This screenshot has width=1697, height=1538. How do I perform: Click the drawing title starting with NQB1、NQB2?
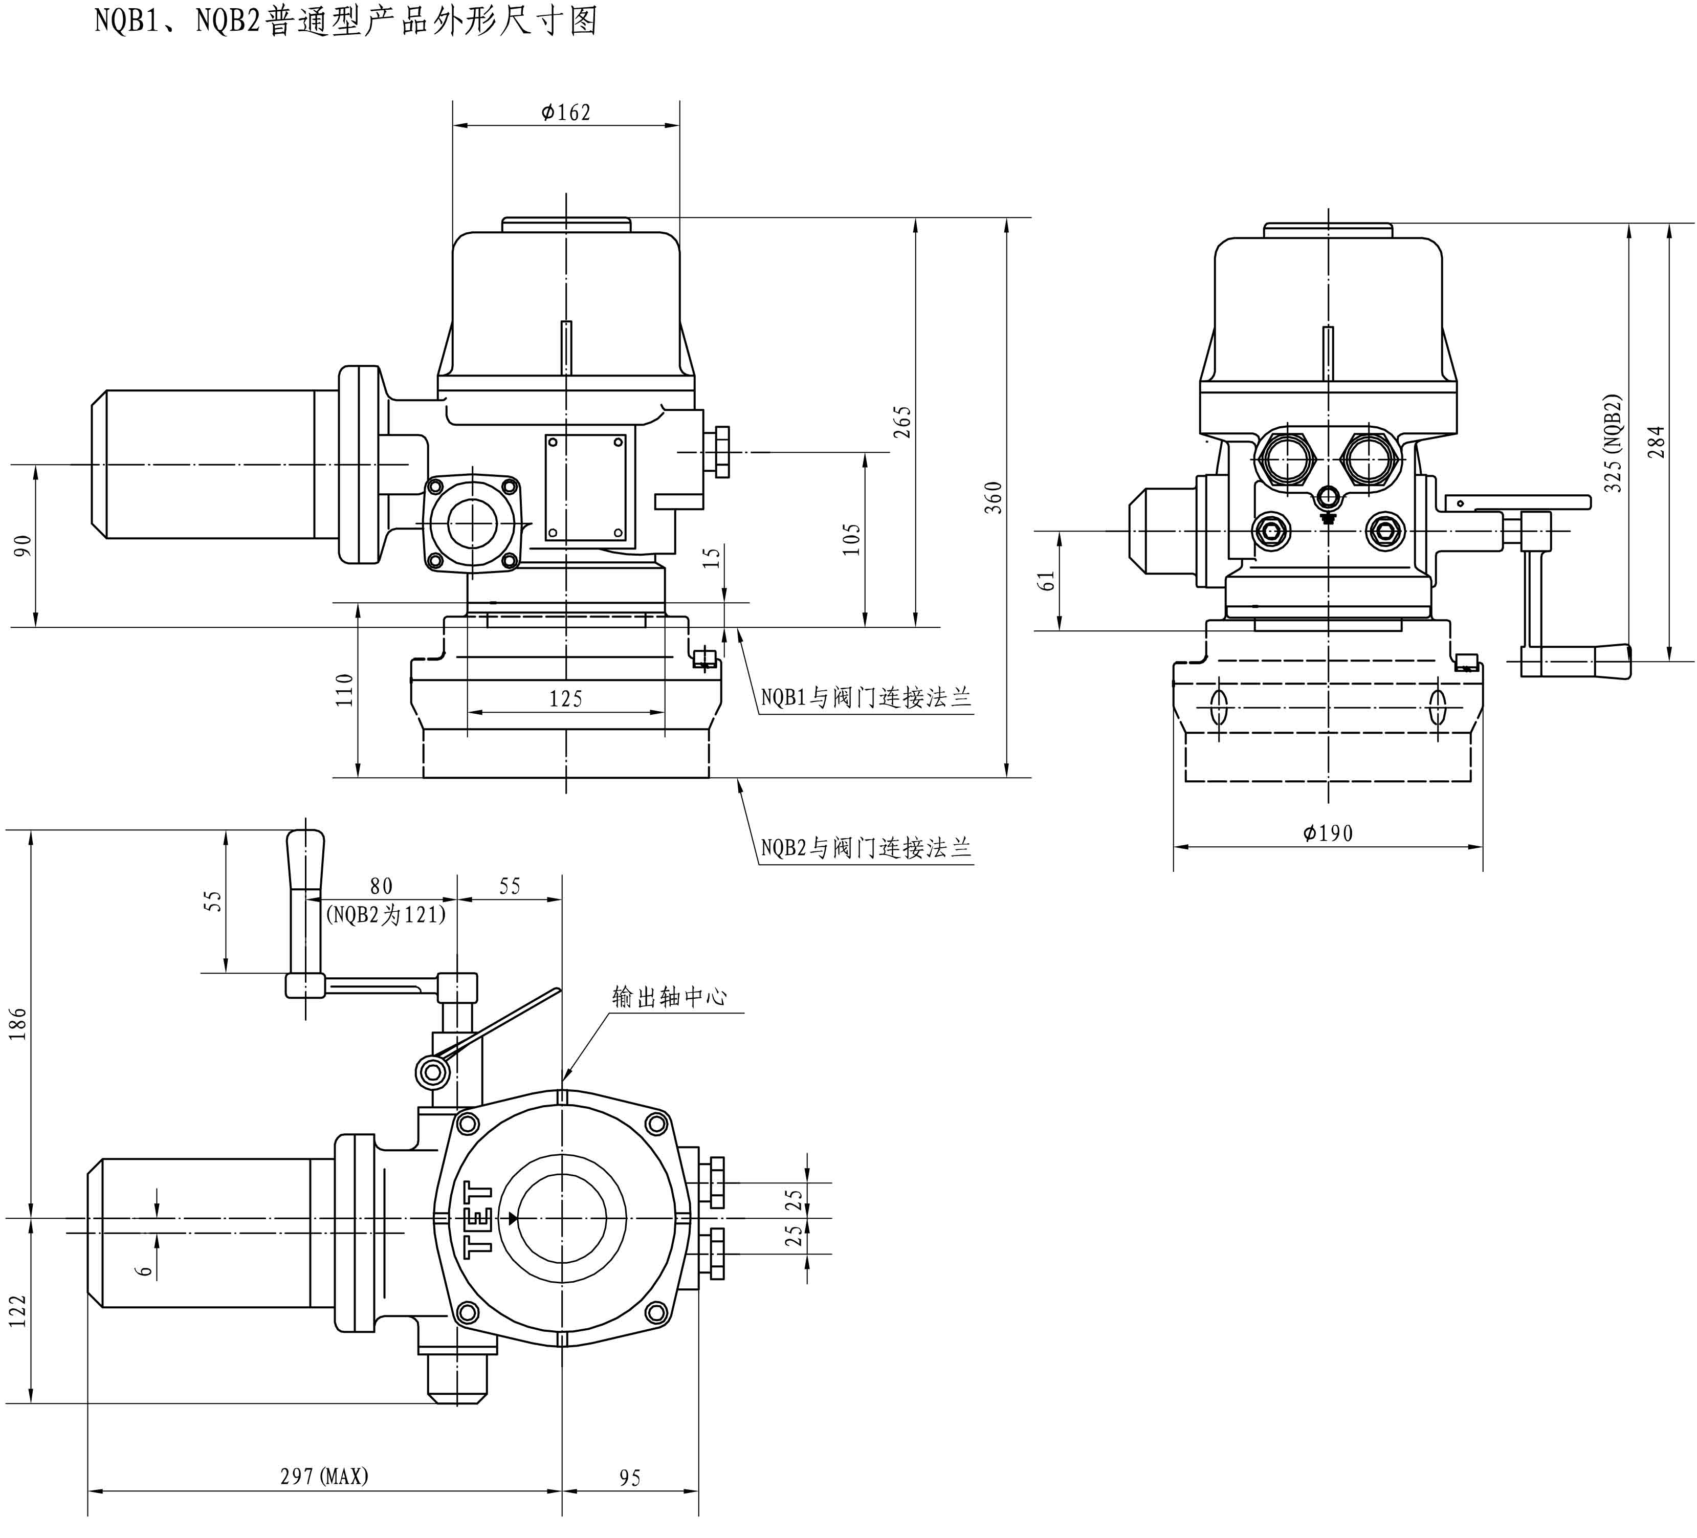[x=345, y=20]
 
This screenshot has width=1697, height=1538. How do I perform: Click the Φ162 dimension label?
[x=566, y=113]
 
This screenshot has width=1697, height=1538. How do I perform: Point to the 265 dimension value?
[x=902, y=422]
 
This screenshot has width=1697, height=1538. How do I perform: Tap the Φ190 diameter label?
[x=1328, y=833]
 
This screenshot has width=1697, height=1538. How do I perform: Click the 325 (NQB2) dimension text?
[x=1613, y=444]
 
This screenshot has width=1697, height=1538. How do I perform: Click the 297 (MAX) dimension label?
[x=324, y=1476]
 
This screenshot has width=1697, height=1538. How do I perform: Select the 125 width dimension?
[x=566, y=699]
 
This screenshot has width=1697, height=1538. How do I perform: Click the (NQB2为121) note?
[x=386, y=915]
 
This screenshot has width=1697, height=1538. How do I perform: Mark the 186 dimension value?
[x=18, y=1023]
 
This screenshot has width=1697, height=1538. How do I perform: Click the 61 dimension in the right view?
[x=1047, y=580]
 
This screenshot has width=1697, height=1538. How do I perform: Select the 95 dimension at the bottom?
[x=630, y=1478]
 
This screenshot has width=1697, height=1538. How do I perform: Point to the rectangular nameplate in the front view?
[x=586, y=488]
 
